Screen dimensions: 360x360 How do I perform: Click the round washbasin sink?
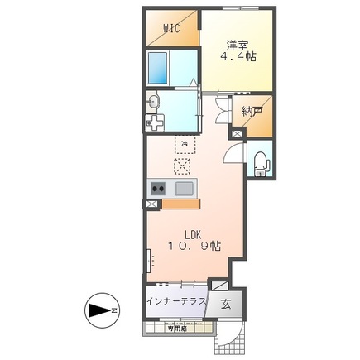point(154,103)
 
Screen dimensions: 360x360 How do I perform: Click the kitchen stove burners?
point(156,189)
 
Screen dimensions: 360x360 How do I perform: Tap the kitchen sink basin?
point(184,189)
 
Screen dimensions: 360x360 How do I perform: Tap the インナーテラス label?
point(175,301)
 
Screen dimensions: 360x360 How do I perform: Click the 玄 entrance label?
point(226,303)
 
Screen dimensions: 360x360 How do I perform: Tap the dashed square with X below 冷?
point(183,166)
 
